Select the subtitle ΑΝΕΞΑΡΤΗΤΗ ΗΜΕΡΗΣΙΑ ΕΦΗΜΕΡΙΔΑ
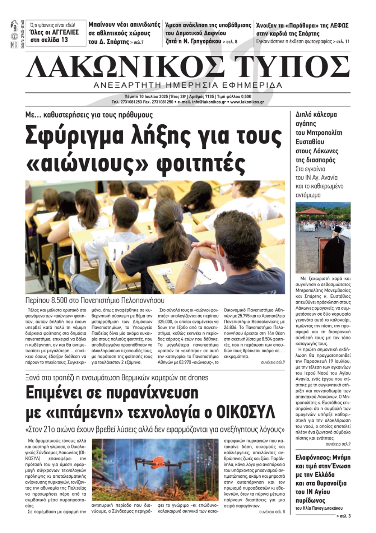coord(188,85)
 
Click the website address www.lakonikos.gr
coord(247,102)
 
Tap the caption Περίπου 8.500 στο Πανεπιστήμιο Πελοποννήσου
coord(95,301)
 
